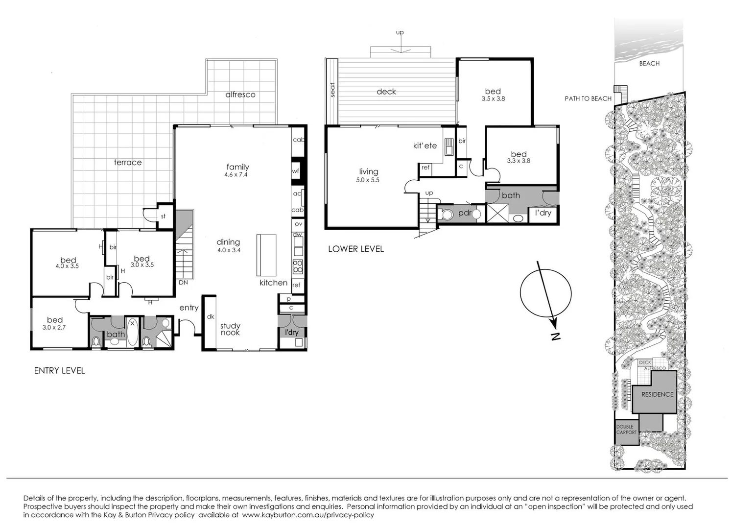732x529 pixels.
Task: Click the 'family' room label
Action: [237, 167]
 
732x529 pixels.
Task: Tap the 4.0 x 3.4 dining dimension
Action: [229, 250]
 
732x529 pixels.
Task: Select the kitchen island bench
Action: [266, 255]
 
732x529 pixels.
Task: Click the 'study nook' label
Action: [230, 329]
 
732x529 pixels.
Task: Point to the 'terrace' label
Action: [128, 163]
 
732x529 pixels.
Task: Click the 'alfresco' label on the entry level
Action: [240, 95]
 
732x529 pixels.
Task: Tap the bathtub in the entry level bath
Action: [132, 333]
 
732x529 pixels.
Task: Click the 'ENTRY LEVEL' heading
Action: [59, 371]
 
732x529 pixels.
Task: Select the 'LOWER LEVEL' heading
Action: [356, 249]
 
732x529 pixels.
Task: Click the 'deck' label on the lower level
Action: [386, 92]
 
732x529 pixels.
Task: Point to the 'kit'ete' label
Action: [425, 145]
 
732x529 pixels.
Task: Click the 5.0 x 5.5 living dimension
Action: [368, 180]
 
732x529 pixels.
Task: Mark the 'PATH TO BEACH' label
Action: [588, 98]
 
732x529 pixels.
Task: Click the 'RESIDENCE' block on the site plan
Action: [657, 394]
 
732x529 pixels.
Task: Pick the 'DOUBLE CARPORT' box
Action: [626, 430]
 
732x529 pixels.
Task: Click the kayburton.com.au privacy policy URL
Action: [308, 515]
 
